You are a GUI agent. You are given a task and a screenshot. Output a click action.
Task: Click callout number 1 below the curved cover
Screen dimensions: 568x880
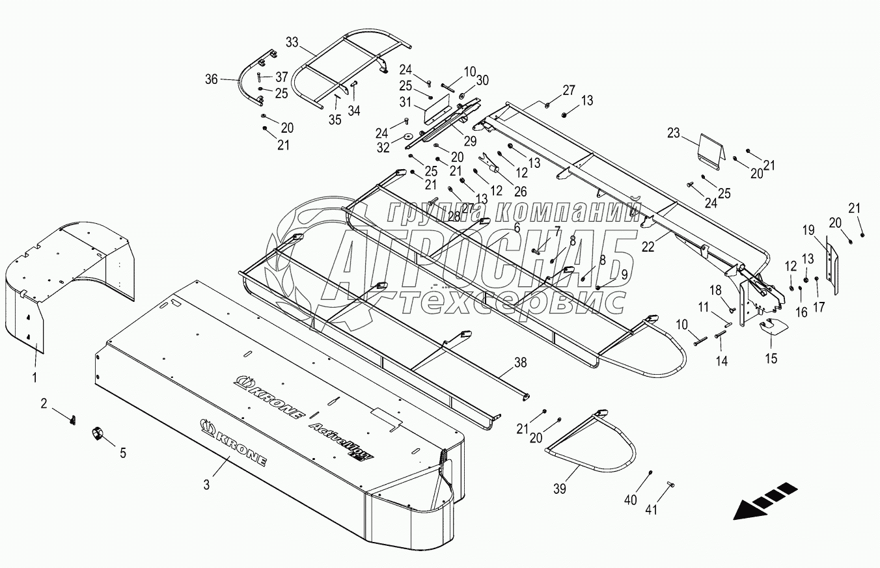(x=35, y=377)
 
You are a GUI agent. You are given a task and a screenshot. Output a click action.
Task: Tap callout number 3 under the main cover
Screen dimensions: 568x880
(x=206, y=483)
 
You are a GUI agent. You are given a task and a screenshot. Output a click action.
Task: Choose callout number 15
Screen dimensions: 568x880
(x=771, y=358)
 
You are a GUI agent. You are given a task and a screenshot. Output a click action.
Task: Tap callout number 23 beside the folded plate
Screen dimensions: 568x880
(x=673, y=134)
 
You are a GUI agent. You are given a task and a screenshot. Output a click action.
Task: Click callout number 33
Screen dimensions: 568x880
(x=292, y=42)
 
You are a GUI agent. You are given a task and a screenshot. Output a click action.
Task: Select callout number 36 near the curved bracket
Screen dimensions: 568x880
(x=211, y=79)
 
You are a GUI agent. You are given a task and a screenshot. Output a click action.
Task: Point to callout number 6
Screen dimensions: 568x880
(x=516, y=227)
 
